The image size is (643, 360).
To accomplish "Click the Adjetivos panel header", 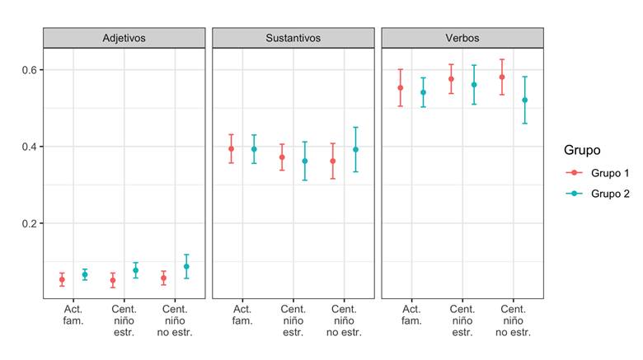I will point(124,38).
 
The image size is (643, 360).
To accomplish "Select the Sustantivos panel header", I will point(293,38).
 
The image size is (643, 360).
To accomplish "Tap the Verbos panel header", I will point(462,38).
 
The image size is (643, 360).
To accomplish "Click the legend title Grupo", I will point(582,150).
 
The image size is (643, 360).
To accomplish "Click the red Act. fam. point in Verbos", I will point(401,87).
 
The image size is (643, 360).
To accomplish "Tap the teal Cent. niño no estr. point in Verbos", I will point(524,100).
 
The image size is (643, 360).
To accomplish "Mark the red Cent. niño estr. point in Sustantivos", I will point(282,157).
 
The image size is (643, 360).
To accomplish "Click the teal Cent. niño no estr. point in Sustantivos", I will point(356,149).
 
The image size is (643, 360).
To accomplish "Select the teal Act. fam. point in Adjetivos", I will point(84,274).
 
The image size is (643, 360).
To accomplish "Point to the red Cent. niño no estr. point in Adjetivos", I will point(164,278).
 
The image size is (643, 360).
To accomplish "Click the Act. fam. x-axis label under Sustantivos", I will point(242,315).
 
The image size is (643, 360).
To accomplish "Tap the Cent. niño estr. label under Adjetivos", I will point(124,320).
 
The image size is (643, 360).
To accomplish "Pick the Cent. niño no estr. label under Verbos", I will point(514,320).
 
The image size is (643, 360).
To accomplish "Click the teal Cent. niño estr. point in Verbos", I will point(474,84).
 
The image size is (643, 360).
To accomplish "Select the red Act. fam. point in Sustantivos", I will point(232,148).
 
